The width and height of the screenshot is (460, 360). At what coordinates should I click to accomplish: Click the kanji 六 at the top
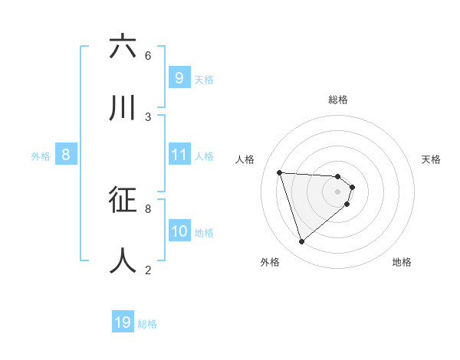click(123, 47)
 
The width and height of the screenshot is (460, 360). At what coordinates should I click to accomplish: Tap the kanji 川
click(123, 109)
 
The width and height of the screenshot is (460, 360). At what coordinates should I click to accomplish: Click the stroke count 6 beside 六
click(148, 55)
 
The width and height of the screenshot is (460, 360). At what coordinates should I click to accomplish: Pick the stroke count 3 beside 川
click(148, 116)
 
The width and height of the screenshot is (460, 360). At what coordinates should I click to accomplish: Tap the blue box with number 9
click(179, 78)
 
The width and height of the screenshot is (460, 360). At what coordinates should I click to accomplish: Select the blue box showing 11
click(179, 155)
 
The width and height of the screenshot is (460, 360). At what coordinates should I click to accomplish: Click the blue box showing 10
click(179, 231)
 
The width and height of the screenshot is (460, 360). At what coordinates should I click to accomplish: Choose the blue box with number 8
click(66, 155)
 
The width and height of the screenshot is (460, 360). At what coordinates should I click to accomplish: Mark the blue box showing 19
click(123, 322)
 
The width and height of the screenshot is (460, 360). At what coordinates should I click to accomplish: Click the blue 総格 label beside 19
click(147, 324)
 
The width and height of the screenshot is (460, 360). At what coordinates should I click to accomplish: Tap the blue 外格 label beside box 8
click(41, 156)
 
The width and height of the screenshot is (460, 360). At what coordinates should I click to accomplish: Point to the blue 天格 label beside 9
click(204, 80)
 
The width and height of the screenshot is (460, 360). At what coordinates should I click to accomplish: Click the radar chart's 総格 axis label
click(338, 100)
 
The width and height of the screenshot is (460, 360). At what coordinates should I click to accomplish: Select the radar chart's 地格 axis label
click(402, 262)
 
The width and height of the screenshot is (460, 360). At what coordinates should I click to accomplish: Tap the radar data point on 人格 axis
click(280, 172)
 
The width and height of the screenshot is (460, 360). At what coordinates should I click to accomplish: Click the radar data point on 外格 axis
click(301, 242)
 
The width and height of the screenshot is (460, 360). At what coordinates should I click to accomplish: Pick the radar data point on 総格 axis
click(338, 176)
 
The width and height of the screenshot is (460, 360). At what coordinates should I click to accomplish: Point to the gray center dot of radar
click(338, 201)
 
